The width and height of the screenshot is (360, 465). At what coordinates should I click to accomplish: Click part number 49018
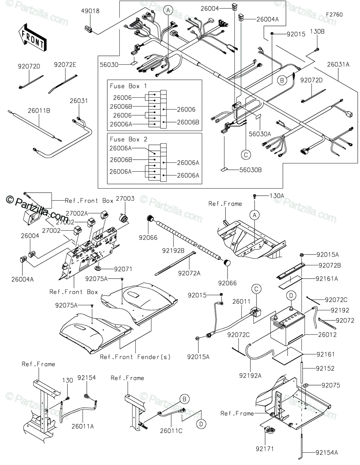(x=90, y=12)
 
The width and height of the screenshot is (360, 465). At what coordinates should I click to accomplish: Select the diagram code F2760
(x=334, y=14)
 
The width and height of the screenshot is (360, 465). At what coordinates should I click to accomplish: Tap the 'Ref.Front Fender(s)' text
(x=135, y=356)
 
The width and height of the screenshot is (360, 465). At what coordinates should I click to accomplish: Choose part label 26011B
(x=39, y=111)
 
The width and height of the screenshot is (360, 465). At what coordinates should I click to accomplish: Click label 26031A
(x=338, y=65)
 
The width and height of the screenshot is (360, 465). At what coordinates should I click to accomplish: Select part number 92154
(x=86, y=377)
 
